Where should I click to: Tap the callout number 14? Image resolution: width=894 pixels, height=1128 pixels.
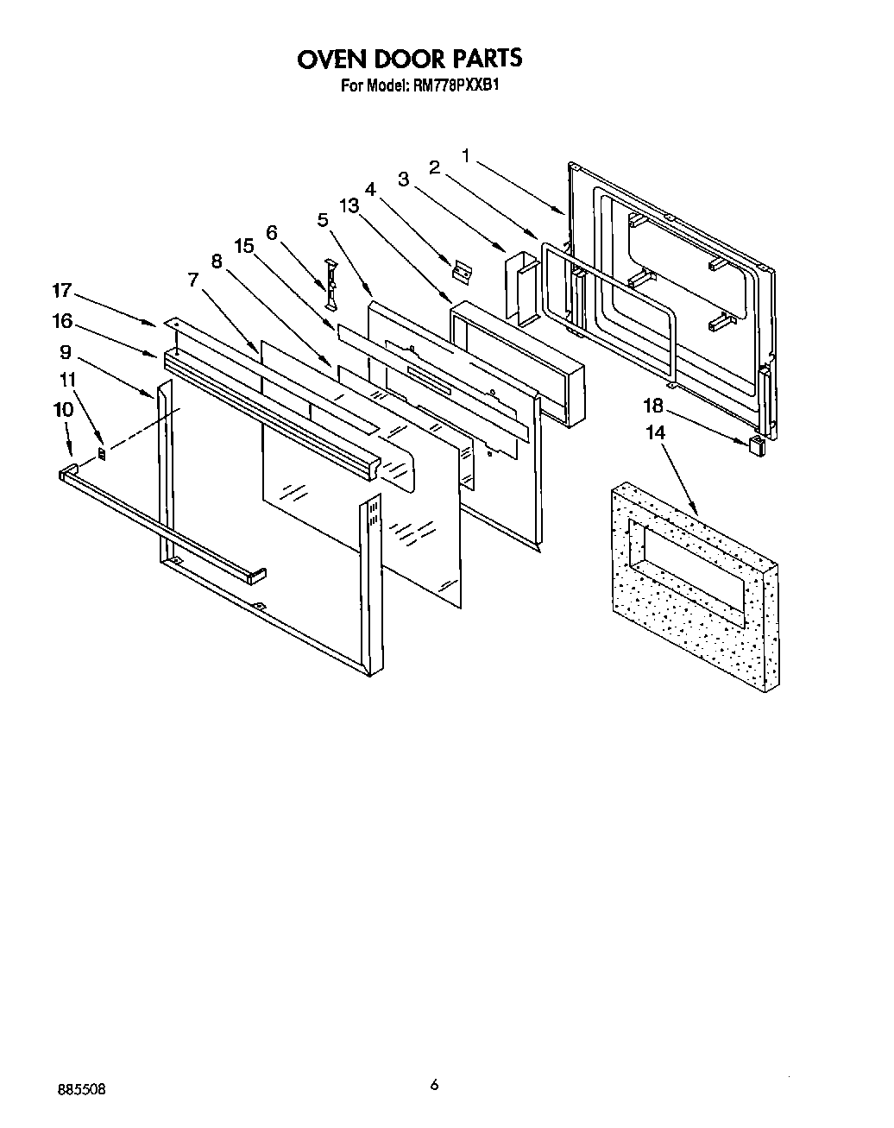[x=656, y=432]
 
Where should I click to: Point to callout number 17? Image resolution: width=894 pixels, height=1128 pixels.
[x=64, y=291]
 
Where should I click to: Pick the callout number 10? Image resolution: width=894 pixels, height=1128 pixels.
[x=64, y=409]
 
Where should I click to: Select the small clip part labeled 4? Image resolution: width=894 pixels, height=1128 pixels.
[x=464, y=272]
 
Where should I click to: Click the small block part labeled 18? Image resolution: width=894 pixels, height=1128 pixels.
[x=756, y=445]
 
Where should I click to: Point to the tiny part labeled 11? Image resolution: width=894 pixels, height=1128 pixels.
[x=102, y=453]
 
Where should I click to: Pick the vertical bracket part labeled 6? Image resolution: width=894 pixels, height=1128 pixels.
[x=329, y=281]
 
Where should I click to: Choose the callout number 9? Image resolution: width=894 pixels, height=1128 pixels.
[x=65, y=351]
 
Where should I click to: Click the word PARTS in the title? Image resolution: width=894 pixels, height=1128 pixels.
[x=481, y=59]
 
